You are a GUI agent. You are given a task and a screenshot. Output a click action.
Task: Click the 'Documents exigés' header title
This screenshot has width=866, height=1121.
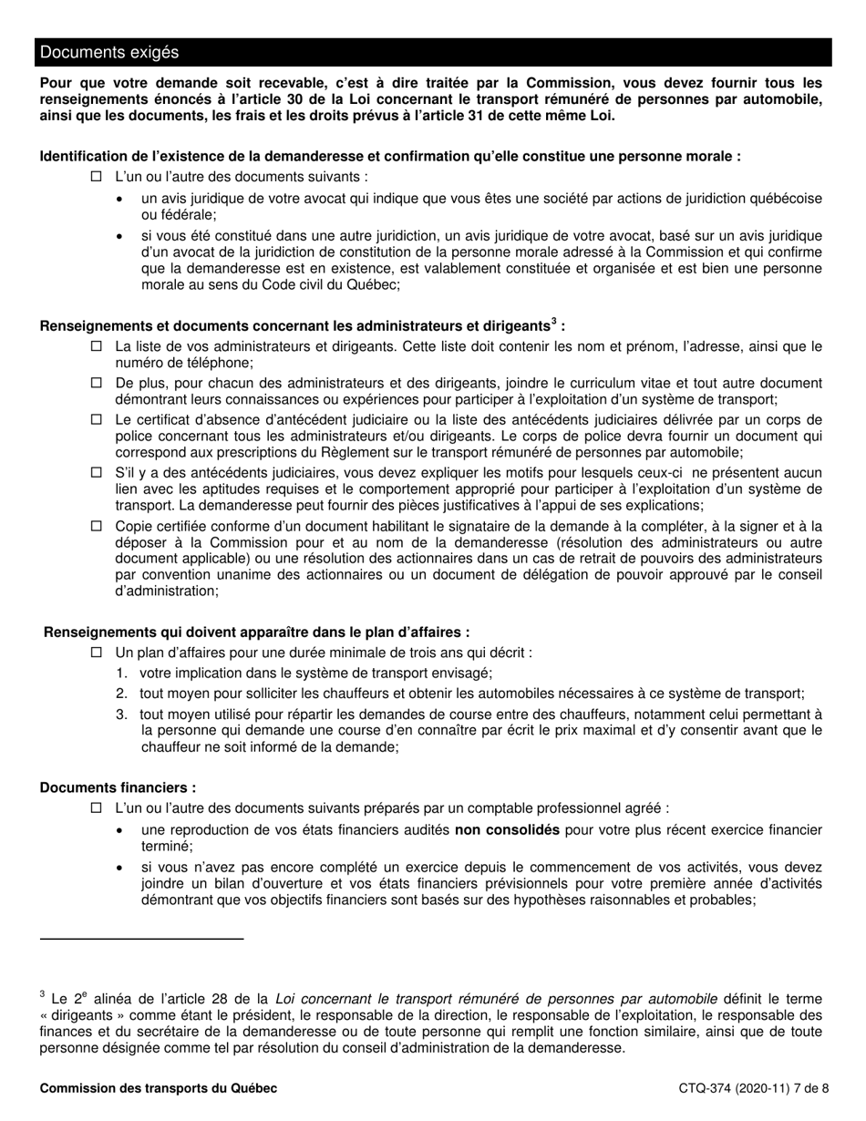click(108, 53)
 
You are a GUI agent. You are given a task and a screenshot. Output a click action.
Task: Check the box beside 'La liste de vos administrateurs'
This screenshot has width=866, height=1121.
click(97, 346)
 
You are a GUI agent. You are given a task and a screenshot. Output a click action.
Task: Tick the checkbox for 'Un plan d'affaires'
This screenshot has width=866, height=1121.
click(97, 653)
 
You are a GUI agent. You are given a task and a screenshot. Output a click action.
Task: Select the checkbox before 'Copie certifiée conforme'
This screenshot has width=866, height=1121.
click(97, 526)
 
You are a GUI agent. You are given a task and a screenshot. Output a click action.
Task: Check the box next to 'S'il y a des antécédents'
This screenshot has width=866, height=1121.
click(97, 473)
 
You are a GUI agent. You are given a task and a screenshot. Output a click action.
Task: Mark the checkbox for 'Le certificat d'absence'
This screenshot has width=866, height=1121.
click(97, 420)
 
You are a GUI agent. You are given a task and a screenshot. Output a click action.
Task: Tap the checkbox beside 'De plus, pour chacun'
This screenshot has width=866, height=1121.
click(97, 384)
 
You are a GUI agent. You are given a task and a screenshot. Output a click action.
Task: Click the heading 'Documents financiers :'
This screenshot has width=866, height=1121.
click(118, 787)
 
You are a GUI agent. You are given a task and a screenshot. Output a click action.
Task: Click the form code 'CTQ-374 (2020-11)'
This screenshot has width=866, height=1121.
click(735, 1088)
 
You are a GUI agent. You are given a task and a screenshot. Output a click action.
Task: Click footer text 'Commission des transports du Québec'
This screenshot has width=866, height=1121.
click(159, 1088)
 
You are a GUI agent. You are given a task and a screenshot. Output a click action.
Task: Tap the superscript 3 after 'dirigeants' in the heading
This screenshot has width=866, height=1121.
click(553, 322)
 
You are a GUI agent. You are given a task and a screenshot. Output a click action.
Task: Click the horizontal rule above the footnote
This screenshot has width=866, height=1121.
click(141, 938)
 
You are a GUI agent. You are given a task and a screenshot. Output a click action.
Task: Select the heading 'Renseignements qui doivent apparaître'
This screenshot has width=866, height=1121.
click(257, 632)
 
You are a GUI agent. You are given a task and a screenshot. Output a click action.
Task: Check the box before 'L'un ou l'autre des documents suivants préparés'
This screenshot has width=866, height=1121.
click(97, 808)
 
